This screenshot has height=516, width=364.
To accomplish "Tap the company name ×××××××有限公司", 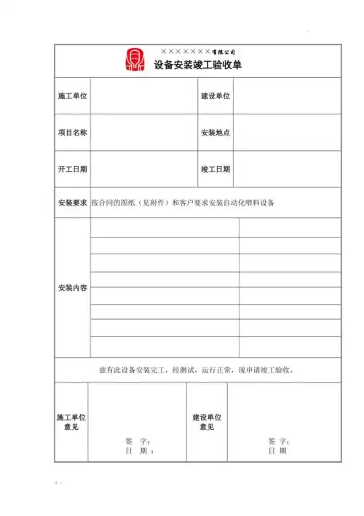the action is (x=197, y=52).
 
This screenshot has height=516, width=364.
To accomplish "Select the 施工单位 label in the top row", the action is (x=73, y=96).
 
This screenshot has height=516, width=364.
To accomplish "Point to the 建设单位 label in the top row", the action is (x=215, y=96).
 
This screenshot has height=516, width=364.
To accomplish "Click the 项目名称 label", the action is (x=73, y=133).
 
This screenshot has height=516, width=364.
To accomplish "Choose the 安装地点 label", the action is (x=215, y=133).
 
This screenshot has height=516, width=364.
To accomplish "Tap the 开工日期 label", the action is (x=73, y=169).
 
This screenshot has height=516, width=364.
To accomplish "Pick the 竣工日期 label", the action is (x=215, y=169).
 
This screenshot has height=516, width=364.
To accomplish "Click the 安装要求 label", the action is (x=73, y=202).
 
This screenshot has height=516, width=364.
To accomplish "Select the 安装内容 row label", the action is (x=73, y=288).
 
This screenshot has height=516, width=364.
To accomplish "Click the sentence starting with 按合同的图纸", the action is (x=183, y=202).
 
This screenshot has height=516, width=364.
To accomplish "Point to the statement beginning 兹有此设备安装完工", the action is (x=197, y=370).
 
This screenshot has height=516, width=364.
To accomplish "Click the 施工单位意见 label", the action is (x=71, y=422).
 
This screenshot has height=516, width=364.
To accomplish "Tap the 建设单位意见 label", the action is (x=207, y=422).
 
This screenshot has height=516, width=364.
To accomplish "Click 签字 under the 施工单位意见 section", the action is (x=137, y=442).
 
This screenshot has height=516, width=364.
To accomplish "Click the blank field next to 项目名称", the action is (x=143, y=133).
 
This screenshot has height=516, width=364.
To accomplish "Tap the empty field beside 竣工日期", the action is (x=287, y=169).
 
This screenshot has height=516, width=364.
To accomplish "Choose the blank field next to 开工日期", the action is (x=143, y=169).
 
